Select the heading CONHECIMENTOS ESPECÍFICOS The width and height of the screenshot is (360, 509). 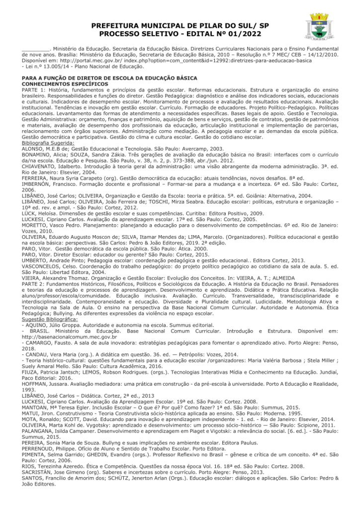click(x=61, y=84)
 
